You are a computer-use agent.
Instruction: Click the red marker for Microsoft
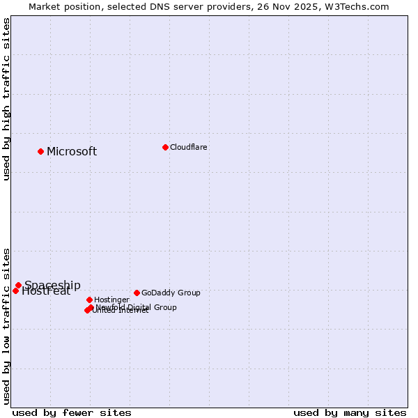pos(40,151)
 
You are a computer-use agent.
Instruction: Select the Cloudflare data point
pos(165,147)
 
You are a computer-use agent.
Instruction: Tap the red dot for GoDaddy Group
pos(137,293)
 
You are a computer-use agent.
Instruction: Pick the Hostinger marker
pos(89,300)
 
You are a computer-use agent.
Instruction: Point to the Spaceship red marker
pos(18,285)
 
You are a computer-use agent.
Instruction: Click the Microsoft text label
pos(72,152)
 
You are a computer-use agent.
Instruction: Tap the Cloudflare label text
pos(189,147)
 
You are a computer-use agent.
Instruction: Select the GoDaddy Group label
pos(171,293)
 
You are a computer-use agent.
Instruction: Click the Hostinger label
pos(112,300)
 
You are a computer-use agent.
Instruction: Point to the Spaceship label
pos(52,285)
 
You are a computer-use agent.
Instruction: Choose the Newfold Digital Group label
pos(136,307)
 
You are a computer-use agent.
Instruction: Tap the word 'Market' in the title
pos(45,7)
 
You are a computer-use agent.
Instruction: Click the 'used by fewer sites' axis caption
pos(72,412)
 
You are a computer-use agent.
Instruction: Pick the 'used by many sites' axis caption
pos(350,412)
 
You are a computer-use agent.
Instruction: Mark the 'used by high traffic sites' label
pos(7,99)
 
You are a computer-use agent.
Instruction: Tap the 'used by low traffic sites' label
pos(7,326)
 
